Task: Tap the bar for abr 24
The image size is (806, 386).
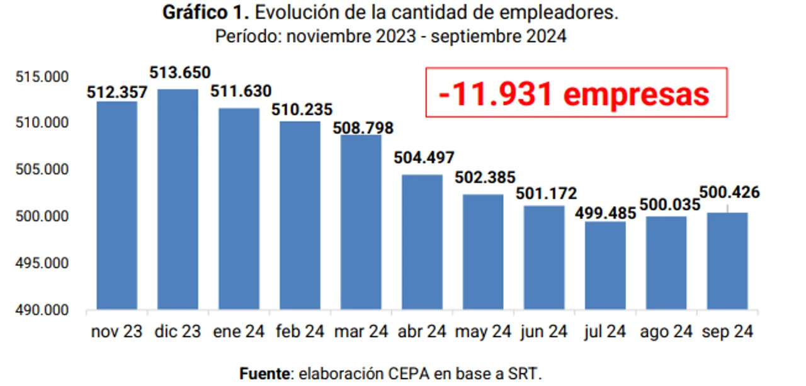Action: point(422,242)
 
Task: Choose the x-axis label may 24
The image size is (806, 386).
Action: point(483,331)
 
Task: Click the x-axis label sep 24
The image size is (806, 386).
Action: point(727,331)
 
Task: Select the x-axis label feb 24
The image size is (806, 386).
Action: point(300,331)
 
